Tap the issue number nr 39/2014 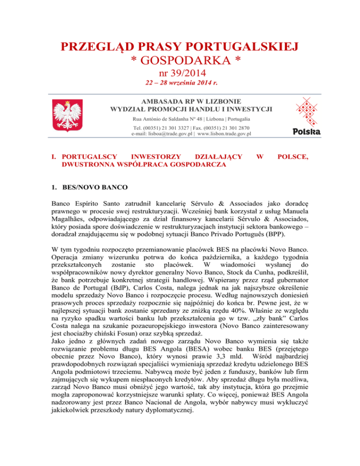click(180, 73)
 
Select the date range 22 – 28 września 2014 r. click(180, 84)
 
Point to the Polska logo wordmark click(306, 132)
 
